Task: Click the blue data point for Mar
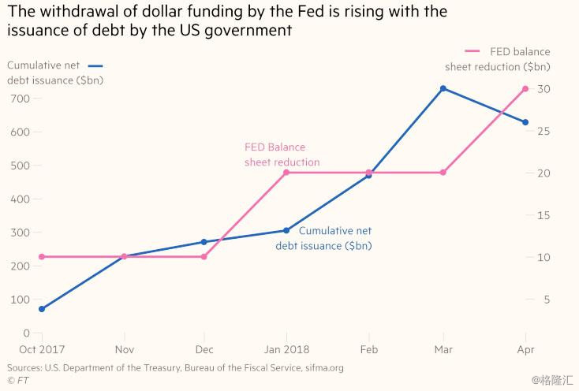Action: click(443, 88)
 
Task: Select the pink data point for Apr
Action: click(525, 88)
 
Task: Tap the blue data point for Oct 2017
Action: click(41, 309)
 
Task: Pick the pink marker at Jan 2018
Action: click(286, 172)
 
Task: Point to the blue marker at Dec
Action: click(204, 242)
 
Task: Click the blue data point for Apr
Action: click(525, 122)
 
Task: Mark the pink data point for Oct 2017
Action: click(41, 256)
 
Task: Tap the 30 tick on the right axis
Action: click(543, 89)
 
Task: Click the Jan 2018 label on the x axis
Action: click(286, 349)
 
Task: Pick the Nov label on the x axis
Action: click(123, 349)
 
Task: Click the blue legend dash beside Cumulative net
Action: click(96, 66)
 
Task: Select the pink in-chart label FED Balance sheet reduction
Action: click(282, 155)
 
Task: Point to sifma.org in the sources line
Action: click(319, 367)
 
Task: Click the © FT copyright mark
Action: click(16, 380)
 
